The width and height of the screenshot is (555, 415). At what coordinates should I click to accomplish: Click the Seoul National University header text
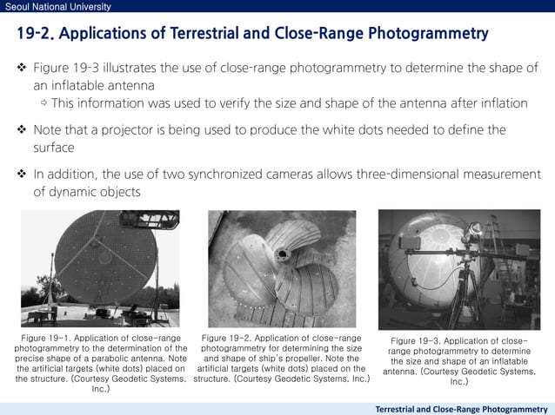click(x=57, y=7)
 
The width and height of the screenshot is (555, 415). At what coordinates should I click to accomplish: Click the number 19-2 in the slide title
click(x=37, y=35)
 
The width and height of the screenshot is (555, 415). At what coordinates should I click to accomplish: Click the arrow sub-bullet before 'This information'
click(x=43, y=104)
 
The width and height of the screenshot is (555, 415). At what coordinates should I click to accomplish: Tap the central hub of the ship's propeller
click(x=283, y=255)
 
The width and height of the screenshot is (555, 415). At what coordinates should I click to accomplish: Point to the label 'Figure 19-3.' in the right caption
click(x=418, y=341)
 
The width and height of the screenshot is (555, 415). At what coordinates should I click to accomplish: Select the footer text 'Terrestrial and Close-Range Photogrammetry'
click(x=461, y=408)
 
